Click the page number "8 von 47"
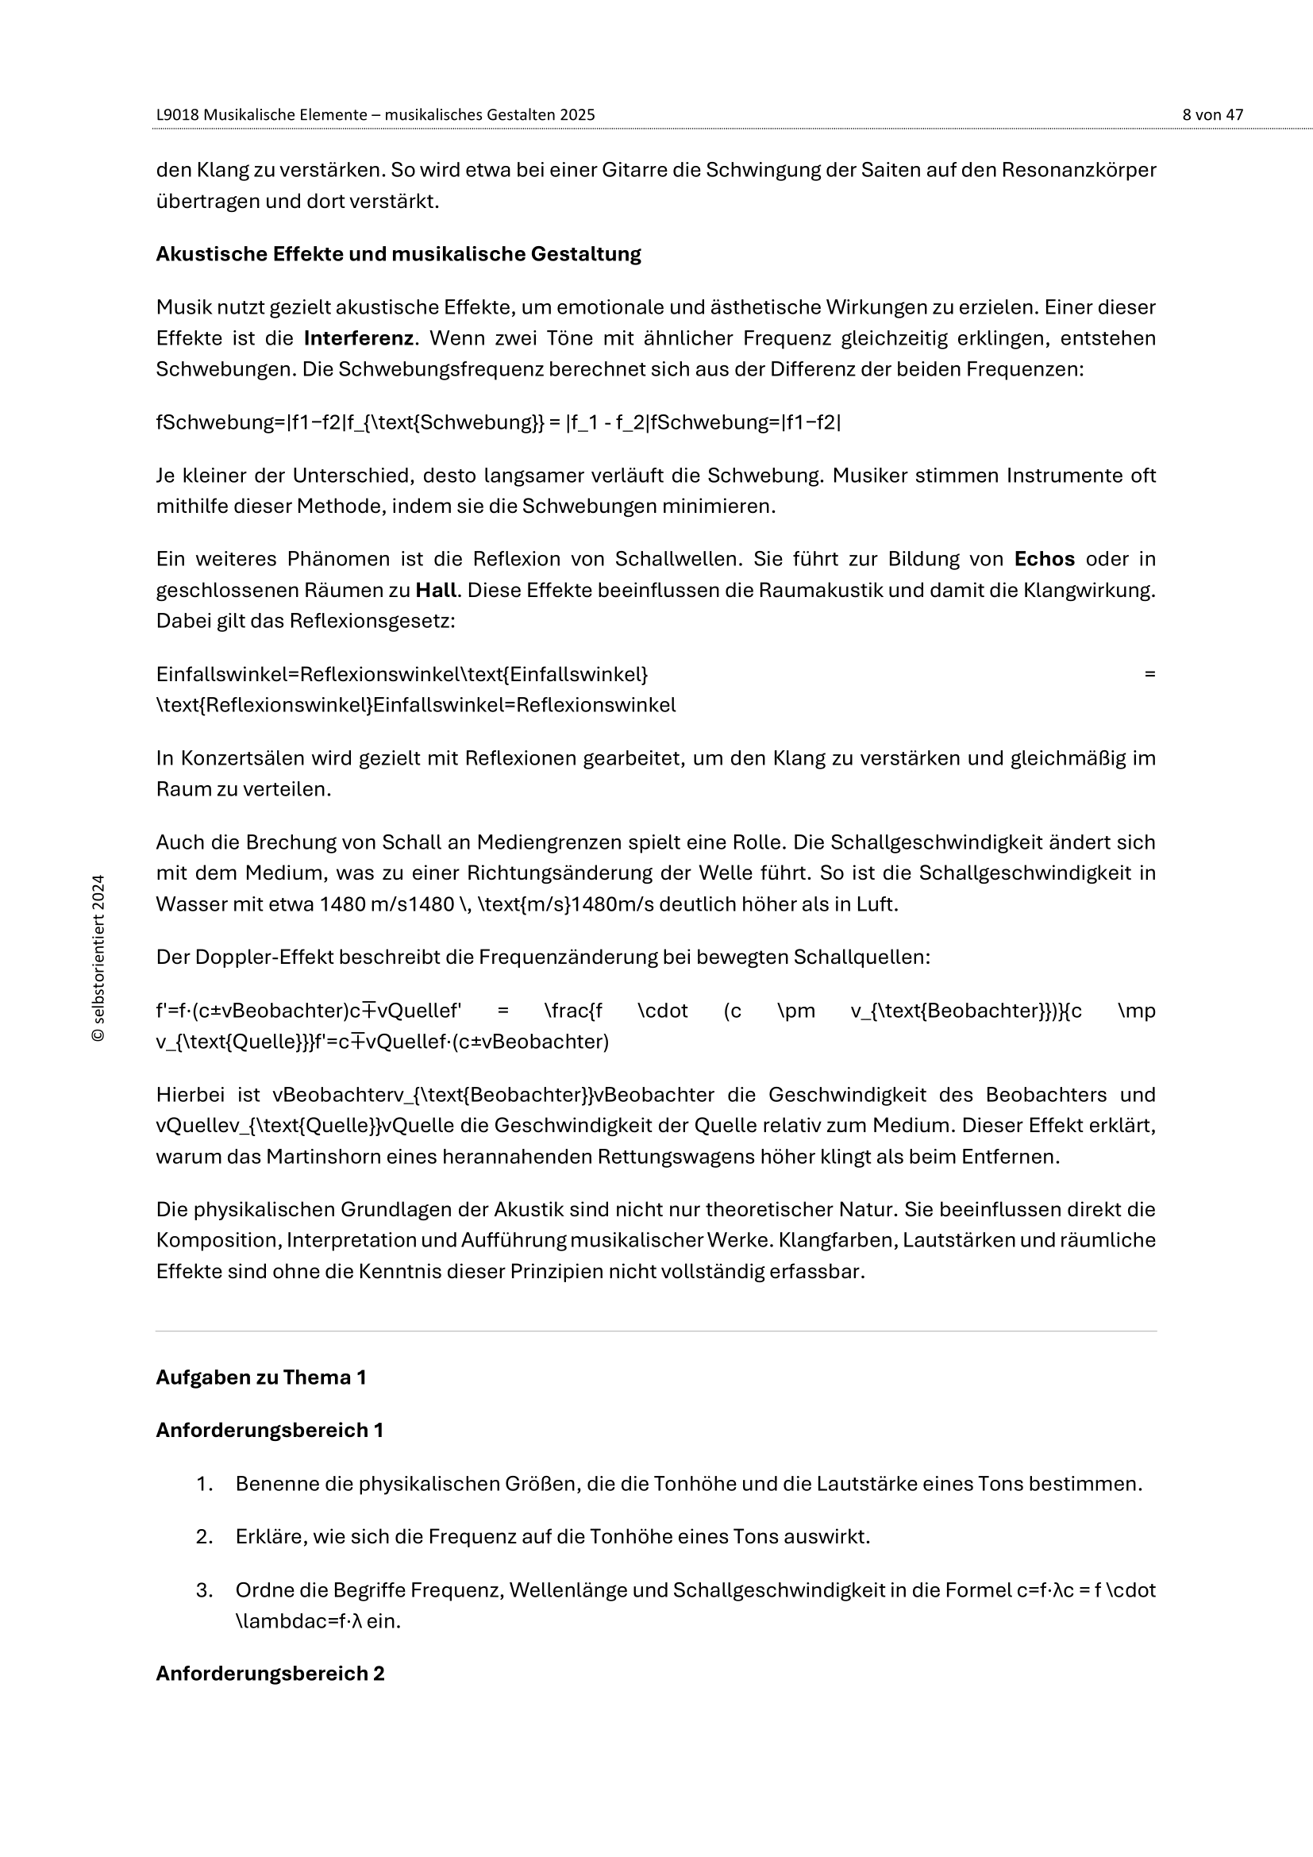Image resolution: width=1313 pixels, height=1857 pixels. point(1212,115)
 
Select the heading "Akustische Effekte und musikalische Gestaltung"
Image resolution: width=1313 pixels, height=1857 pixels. point(398,254)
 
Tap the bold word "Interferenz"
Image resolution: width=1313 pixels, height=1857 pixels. point(358,338)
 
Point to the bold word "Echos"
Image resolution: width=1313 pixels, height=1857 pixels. point(1044,559)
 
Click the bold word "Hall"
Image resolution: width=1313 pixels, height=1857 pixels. point(436,590)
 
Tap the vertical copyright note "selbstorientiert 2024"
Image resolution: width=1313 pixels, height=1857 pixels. point(98,957)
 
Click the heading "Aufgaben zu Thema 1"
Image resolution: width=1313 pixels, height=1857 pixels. point(260,1377)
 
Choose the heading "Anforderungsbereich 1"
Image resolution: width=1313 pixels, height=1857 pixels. point(269,1430)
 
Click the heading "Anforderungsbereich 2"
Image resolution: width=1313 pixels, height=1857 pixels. point(270,1674)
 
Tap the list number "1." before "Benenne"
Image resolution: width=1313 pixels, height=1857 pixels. point(204,1484)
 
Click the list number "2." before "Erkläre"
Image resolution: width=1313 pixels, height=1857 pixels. point(204,1536)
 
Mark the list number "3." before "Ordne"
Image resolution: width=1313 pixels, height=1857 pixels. point(204,1590)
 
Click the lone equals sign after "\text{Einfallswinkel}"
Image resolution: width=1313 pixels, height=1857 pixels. point(1149,674)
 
